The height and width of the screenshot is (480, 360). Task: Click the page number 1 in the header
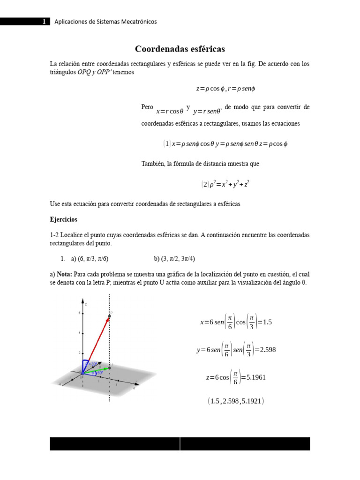[x=44, y=22]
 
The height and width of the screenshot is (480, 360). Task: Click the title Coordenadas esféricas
[x=180, y=49]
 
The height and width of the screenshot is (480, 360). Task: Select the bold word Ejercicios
[x=64, y=219]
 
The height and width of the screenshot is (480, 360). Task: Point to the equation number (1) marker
[x=166, y=144]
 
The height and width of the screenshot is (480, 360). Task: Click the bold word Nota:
[x=65, y=274]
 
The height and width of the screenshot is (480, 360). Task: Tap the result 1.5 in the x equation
[x=267, y=322]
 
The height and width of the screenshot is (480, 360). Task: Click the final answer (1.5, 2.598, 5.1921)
[x=236, y=401]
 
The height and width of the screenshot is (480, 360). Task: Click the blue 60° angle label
[x=100, y=373]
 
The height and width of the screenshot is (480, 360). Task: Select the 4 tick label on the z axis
[x=79, y=332]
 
